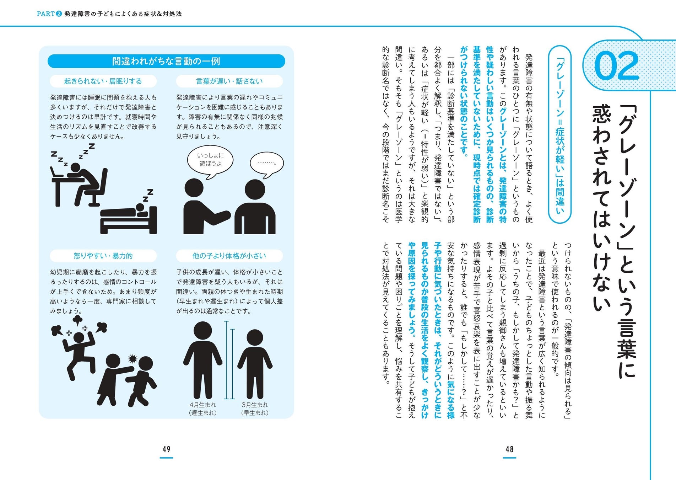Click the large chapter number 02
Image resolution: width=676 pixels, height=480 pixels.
(617, 66)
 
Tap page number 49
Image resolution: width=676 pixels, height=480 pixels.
(166, 449)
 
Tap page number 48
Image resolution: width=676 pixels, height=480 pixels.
(509, 449)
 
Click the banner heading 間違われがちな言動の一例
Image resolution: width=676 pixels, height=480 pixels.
(166, 61)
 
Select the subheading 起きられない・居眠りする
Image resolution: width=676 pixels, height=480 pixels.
(103, 81)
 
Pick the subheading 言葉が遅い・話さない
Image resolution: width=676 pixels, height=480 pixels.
(229, 81)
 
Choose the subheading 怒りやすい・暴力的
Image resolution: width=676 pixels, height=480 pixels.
(103, 256)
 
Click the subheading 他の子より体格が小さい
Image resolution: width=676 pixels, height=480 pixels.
(229, 256)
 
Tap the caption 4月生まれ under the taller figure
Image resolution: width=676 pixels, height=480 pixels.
(203, 405)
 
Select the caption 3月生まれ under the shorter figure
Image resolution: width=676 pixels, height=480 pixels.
(255, 405)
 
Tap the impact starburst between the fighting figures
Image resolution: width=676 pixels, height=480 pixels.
(133, 358)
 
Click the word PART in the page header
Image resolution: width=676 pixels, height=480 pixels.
(46, 14)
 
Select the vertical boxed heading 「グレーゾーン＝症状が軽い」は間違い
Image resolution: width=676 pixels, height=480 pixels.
(560, 134)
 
